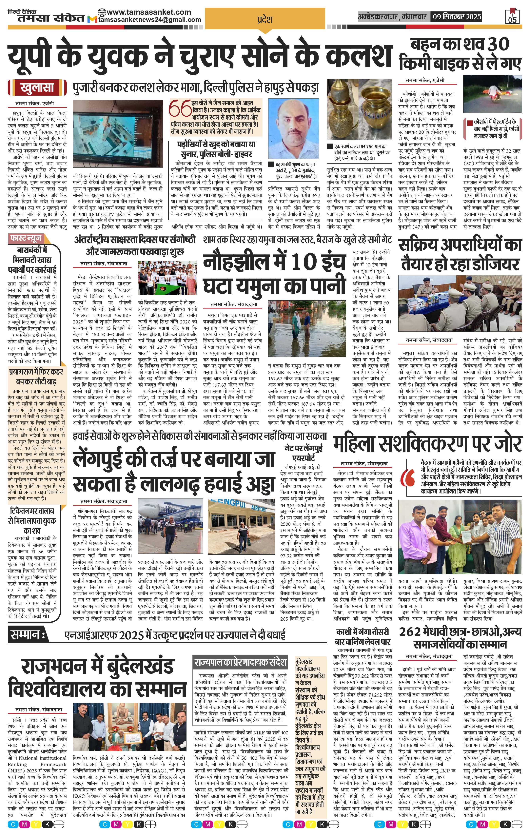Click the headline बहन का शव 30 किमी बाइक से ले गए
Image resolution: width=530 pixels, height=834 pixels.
coord(460,55)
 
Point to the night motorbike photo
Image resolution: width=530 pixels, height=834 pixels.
coord(492,96)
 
